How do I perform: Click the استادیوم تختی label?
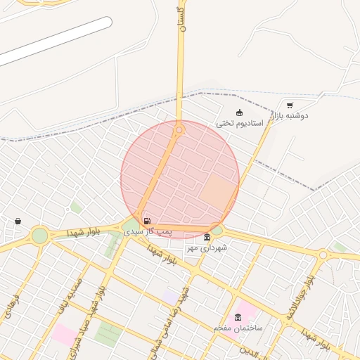(239, 123)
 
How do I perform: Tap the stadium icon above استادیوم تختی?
(239, 112)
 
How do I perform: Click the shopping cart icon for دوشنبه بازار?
(290, 105)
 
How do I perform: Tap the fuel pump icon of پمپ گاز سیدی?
(146, 221)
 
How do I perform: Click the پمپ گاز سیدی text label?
(148, 231)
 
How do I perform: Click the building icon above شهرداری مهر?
(207, 237)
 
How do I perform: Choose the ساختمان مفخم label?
(238, 328)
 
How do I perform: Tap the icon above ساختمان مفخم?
(238, 318)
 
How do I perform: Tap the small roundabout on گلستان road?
(179, 129)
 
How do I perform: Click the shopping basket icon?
(18, 221)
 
